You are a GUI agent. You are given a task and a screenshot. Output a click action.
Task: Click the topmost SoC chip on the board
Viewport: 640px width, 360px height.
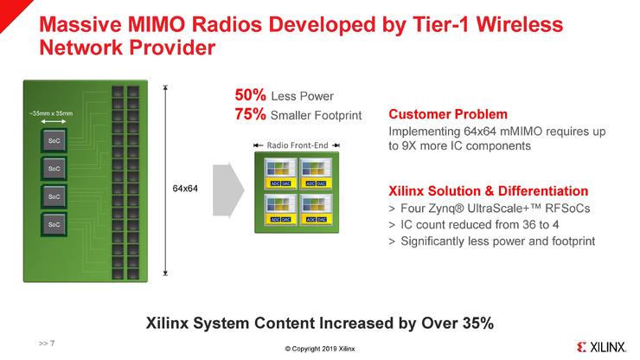[54, 141]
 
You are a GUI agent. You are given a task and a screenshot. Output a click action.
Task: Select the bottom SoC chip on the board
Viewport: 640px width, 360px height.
[54, 224]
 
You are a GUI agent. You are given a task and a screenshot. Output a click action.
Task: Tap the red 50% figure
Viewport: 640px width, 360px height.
[250, 95]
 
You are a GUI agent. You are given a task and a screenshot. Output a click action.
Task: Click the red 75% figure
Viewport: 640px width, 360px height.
[250, 114]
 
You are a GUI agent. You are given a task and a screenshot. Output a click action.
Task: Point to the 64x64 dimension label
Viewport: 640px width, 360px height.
[185, 189]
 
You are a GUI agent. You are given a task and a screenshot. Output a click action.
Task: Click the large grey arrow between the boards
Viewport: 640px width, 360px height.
[228, 190]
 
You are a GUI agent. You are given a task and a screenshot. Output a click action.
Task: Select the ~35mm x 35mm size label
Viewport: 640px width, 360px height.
[51, 113]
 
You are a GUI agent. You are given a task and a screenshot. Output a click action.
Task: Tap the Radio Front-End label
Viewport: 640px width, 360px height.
[298, 145]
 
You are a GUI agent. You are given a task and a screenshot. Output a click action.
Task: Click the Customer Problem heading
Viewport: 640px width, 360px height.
[448, 114]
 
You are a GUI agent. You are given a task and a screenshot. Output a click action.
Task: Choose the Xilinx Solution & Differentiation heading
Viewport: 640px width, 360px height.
[488, 191]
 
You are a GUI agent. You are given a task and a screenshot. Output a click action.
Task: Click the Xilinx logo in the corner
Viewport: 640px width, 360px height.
[601, 347]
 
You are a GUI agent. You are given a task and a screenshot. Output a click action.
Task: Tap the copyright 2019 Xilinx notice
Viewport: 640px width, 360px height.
[320, 349]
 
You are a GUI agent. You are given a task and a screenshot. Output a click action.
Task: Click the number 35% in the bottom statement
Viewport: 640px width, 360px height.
[478, 324]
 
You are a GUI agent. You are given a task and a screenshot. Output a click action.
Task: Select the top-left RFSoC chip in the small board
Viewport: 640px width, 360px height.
[280, 173]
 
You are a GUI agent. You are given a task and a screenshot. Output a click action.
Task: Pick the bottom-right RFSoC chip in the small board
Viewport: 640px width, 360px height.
[316, 209]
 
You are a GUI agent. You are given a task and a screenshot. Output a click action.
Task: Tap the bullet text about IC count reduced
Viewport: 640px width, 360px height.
[480, 225]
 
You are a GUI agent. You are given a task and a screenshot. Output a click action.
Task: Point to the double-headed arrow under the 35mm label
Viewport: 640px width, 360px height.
[53, 121]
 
